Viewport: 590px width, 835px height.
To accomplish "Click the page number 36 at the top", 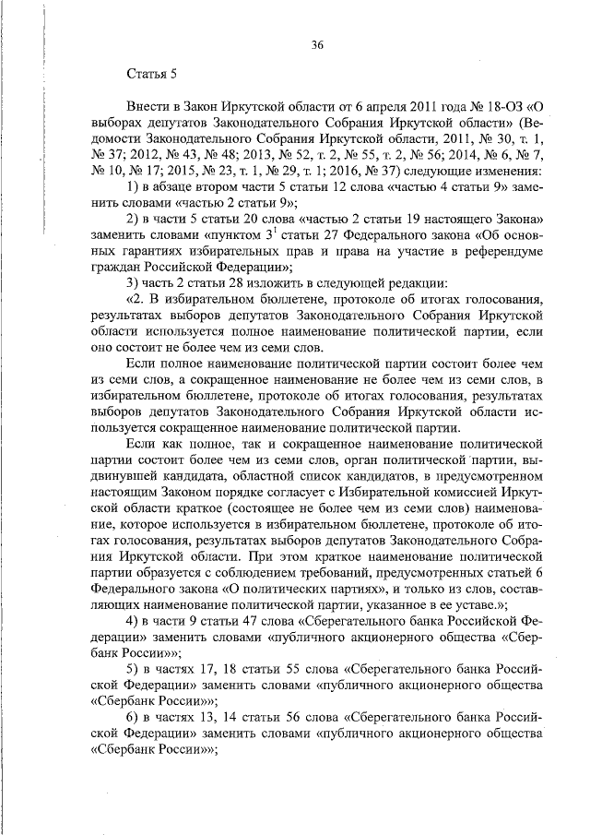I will tap(317, 45).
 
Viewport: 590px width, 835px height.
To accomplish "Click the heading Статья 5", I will tap(144, 73).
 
